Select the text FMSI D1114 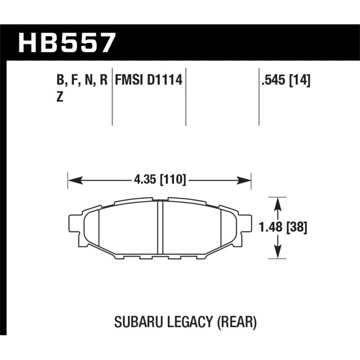coord(148,81)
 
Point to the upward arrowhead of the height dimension coord(279,203)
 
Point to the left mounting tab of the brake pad coord(73,229)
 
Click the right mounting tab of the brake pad coord(246,229)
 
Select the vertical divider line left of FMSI coord(112,97)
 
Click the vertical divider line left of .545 coord(259,97)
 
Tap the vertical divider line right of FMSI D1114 coord(185,97)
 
